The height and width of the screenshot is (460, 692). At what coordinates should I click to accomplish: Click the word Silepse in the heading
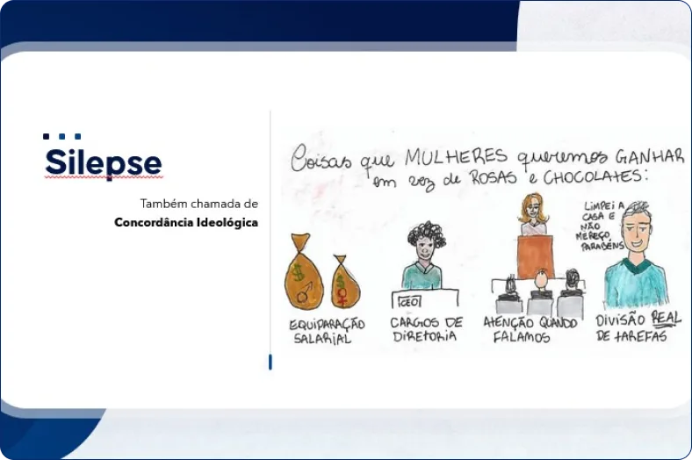[x=103, y=163]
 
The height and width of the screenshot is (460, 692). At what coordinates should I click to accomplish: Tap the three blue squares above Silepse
[x=61, y=137]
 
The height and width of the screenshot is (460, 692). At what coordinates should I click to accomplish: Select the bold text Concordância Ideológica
[x=186, y=223]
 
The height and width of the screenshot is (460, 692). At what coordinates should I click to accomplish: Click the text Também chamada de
[x=198, y=204]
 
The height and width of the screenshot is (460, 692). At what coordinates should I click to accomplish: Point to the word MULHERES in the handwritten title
[x=456, y=157]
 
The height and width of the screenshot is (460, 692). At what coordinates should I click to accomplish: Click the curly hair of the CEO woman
[x=426, y=234]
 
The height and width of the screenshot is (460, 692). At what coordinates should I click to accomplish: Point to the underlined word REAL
[x=665, y=318]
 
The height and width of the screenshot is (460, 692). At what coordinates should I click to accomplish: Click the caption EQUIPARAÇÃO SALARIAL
[x=326, y=331]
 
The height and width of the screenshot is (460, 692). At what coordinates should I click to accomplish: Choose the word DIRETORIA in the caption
[x=424, y=336]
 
